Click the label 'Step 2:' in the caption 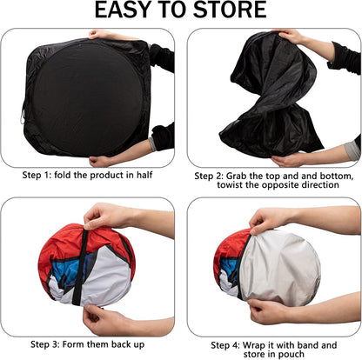pos(213,176)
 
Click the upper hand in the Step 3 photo pos(104,215)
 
